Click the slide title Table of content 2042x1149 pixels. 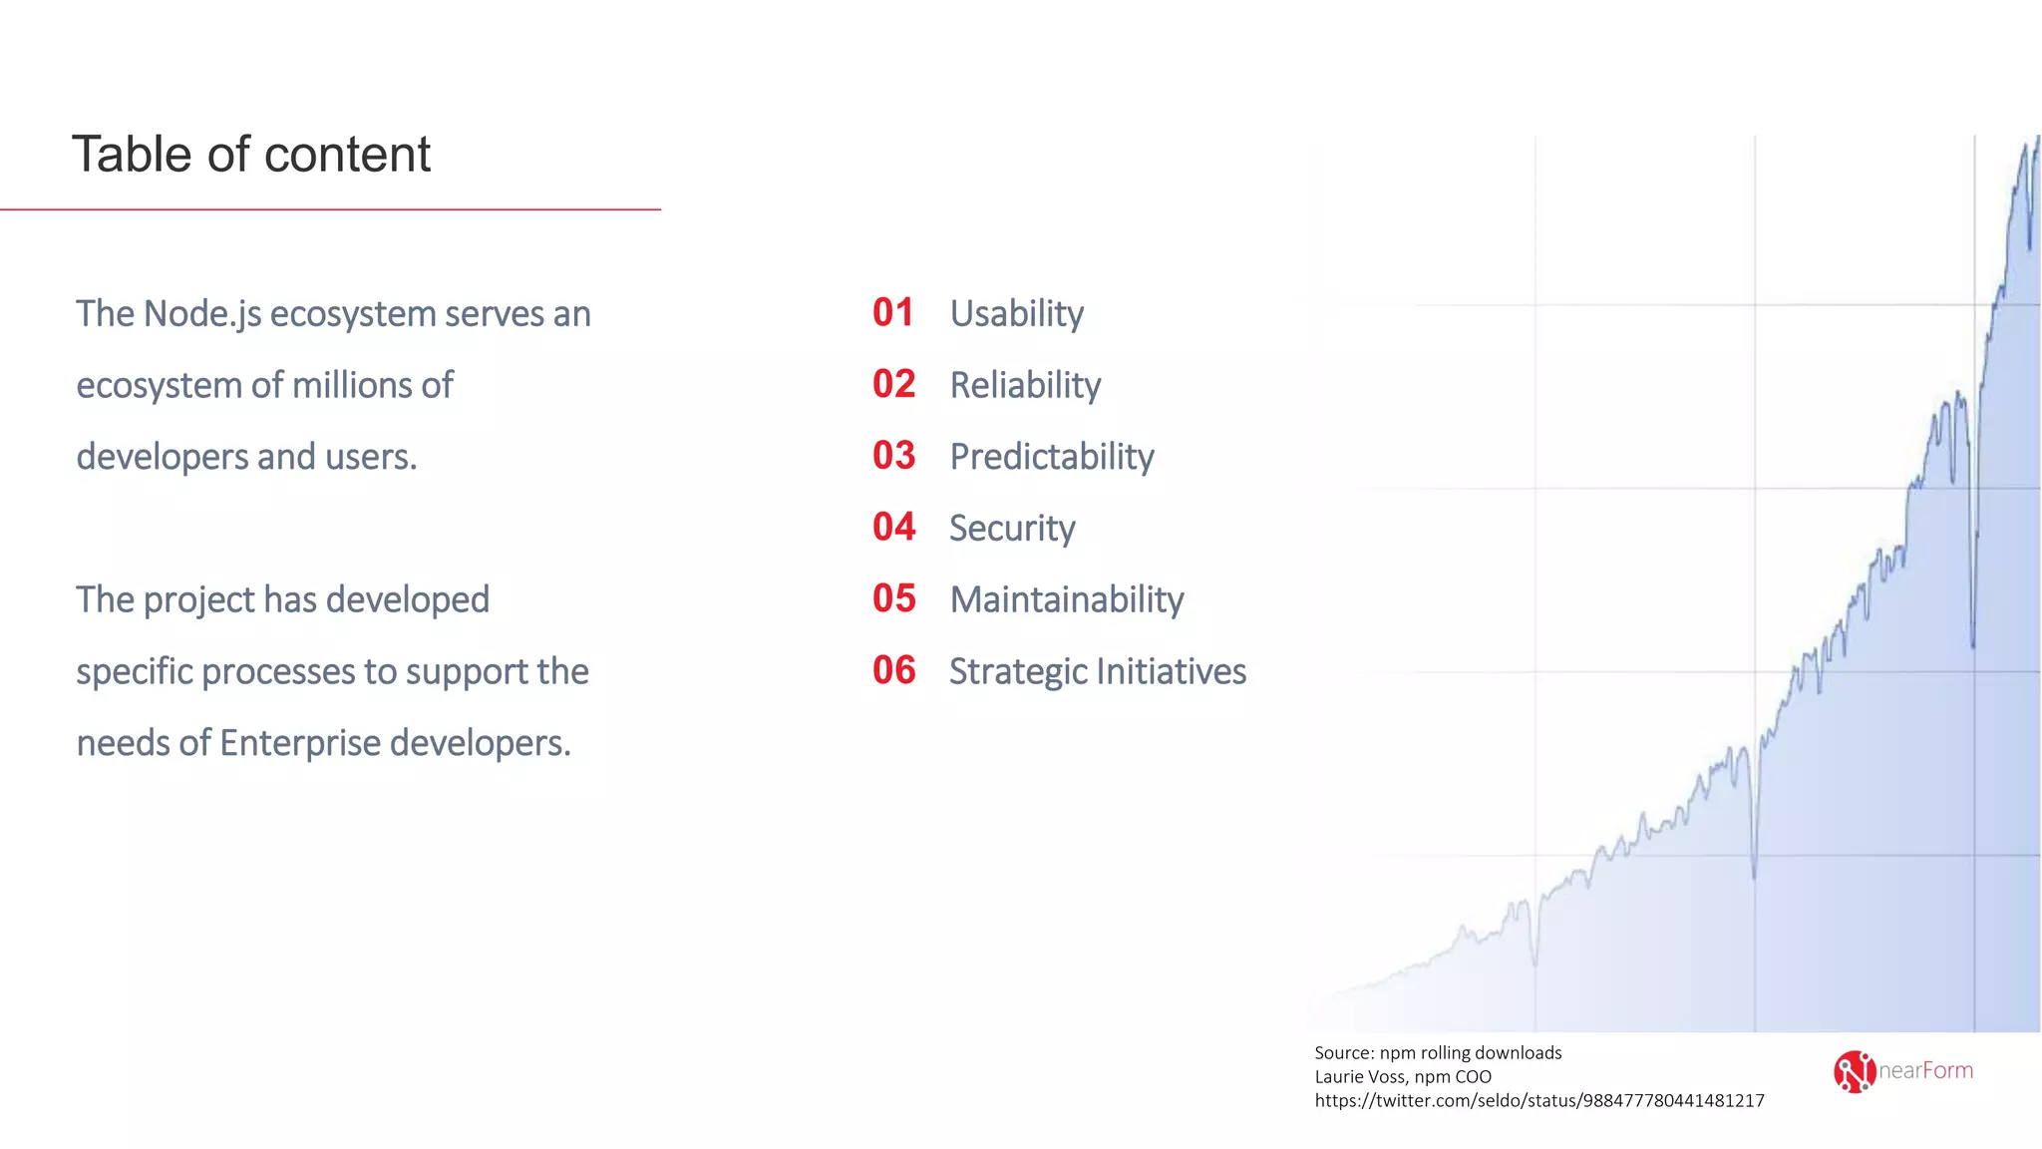coord(250,155)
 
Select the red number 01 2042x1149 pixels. coord(892,313)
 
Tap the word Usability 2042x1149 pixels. coord(1016,314)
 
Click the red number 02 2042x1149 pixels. coord(893,385)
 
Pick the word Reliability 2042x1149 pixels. coord(1025,386)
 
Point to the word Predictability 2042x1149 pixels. coord(1051,457)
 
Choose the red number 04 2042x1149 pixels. coord(893,528)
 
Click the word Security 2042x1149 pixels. coord(1012,529)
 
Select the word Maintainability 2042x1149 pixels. coord(1066,600)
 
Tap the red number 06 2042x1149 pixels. coord(893,671)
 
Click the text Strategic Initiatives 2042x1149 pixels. coord(1097,672)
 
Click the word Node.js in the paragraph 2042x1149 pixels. coord(202,314)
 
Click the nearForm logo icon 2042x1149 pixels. coord(1854,1072)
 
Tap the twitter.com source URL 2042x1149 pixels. coord(1538,1101)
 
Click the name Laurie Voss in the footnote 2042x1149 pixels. coord(1359,1077)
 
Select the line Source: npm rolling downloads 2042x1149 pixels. coord(1437,1053)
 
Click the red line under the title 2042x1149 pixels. coord(329,209)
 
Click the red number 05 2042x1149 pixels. coord(893,599)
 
